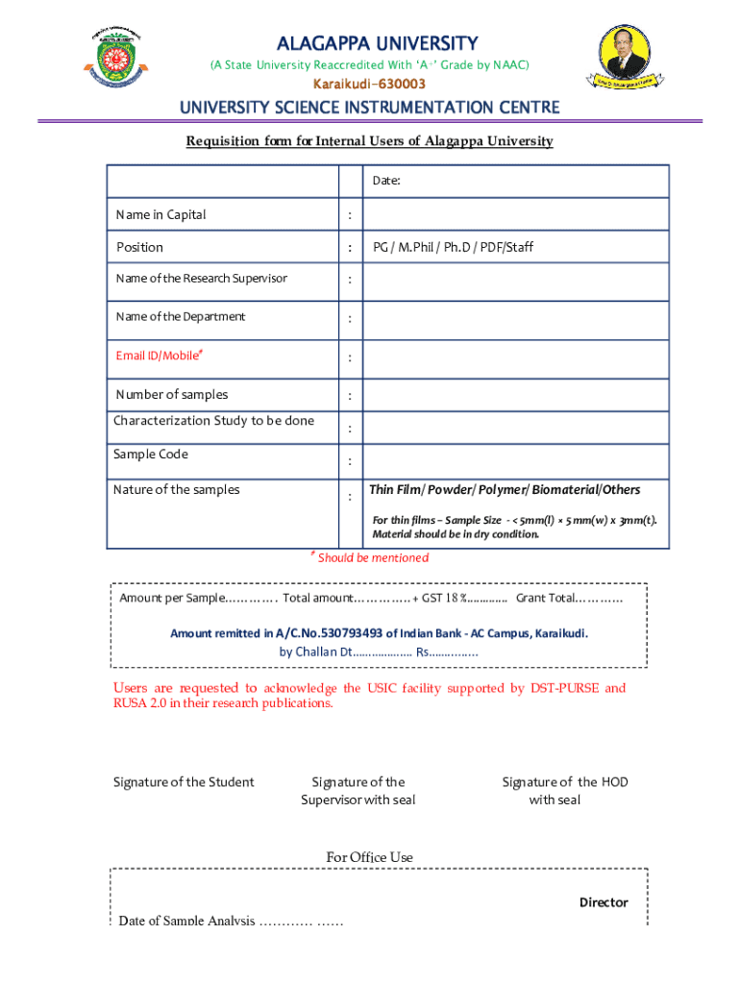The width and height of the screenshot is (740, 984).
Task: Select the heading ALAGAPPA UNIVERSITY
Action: coord(377,44)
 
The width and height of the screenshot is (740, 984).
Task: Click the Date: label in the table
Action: coord(386,181)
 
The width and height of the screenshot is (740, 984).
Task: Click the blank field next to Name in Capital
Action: coord(515,214)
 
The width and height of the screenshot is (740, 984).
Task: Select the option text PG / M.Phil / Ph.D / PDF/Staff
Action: coord(453,247)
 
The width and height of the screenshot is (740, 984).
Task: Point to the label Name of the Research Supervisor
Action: coord(201,279)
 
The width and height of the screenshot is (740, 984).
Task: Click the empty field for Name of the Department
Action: coord(515,317)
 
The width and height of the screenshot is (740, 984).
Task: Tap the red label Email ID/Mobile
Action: coord(160,356)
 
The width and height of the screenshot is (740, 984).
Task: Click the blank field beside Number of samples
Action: coord(515,395)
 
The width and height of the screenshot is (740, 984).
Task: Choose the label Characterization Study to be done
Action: coord(213,421)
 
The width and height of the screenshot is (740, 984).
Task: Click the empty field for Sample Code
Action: coord(515,459)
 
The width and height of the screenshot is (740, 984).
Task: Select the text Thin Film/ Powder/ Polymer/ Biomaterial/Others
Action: coord(505,490)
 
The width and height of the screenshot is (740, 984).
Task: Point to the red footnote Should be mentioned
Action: coord(372,558)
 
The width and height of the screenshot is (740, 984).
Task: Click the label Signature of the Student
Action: coord(184,782)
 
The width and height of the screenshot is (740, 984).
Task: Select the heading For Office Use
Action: coord(370,857)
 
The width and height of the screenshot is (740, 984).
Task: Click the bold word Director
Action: coord(603,902)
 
